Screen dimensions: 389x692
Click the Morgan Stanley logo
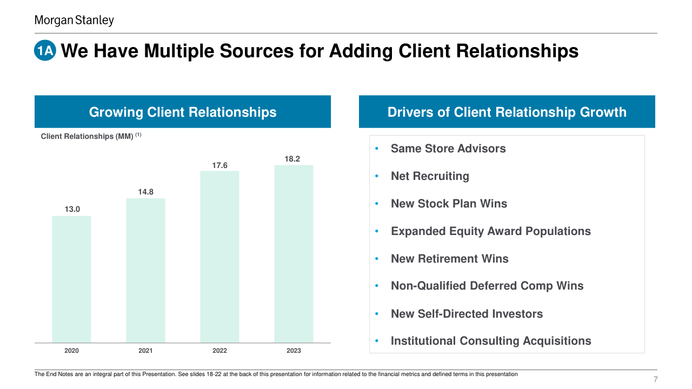pyautogui.click(x=74, y=21)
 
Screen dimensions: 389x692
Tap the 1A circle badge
pyautogui.click(x=45, y=51)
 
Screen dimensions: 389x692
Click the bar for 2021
pyautogui.click(x=145, y=270)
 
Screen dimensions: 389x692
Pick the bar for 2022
pyautogui.click(x=219, y=257)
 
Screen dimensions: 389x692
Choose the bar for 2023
pyautogui.click(x=294, y=253)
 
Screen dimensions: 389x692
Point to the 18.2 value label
pyautogui.click(x=292, y=159)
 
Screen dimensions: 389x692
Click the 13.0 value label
pyautogui.click(x=72, y=209)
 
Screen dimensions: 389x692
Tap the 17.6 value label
pyautogui.click(x=219, y=165)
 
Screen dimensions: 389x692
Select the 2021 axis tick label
pyautogui.click(x=145, y=351)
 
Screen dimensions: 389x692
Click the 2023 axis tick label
pyautogui.click(x=294, y=351)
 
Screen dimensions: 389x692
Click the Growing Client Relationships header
pyautogui.click(x=183, y=112)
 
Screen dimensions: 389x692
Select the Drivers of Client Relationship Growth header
pyautogui.click(x=507, y=112)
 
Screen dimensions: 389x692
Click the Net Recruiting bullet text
pyautogui.click(x=430, y=176)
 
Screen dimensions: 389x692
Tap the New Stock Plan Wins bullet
pyautogui.click(x=449, y=204)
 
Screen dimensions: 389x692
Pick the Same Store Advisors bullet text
pyautogui.click(x=448, y=149)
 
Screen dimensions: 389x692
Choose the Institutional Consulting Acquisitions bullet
pyautogui.click(x=491, y=341)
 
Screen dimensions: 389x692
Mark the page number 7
pyautogui.click(x=655, y=379)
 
